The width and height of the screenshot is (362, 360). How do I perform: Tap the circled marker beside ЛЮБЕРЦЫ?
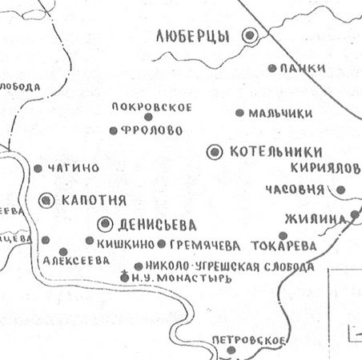(x=251, y=34)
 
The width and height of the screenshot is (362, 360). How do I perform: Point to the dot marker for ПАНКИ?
(x=272, y=68)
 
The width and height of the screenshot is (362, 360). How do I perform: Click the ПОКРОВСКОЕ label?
(x=152, y=107)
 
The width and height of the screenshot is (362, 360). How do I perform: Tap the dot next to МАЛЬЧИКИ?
(x=239, y=113)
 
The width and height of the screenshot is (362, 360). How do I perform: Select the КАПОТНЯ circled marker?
(x=46, y=199)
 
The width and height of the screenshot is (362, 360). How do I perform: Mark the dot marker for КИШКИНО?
(x=89, y=240)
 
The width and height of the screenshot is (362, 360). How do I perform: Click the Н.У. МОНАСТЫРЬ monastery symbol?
(x=123, y=277)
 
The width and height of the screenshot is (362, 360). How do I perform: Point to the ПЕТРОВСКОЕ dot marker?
(x=231, y=350)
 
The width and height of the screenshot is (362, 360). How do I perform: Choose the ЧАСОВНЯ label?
(x=292, y=190)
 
